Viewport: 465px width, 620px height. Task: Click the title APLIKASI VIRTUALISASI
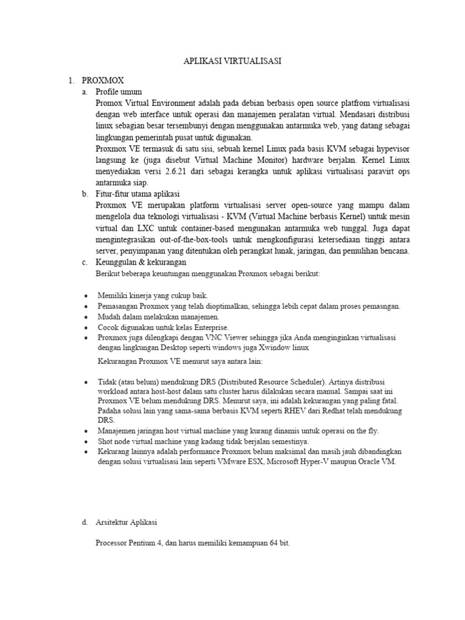pyautogui.click(x=232, y=61)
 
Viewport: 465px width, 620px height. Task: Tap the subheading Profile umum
pyautogui.click(x=119, y=92)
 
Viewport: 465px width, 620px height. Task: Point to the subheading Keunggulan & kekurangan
pyautogui.click(x=141, y=262)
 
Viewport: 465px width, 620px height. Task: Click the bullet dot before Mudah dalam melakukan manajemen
pyautogui.click(x=87, y=317)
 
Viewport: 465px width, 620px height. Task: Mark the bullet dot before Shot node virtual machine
pyautogui.click(x=87, y=442)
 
